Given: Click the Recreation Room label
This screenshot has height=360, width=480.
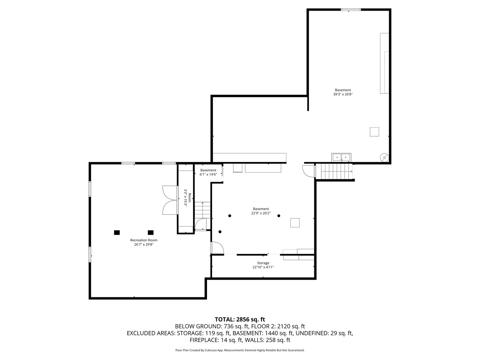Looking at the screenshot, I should pyautogui.click(x=144, y=240).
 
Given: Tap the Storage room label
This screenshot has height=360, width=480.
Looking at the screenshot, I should pyautogui.click(x=263, y=263).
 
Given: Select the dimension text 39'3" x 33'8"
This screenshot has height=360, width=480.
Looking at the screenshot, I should pyautogui.click(x=343, y=94).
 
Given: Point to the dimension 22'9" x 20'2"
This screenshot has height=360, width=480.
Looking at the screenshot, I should pyautogui.click(x=261, y=213).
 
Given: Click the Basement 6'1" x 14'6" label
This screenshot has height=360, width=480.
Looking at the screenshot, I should pyautogui.click(x=208, y=172).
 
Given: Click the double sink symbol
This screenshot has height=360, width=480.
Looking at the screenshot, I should pyautogui.click(x=341, y=157).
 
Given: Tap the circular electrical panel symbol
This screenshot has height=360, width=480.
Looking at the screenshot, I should pyautogui.click(x=384, y=157).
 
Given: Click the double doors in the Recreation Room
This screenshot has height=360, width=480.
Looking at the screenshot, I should pyautogui.click(x=170, y=200).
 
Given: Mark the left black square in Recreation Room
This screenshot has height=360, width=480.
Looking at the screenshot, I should pyautogui.click(x=117, y=232).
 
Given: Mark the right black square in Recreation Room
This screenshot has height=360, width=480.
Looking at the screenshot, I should pyautogui.click(x=151, y=232).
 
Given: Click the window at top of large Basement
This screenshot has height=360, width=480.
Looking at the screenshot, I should pyautogui.click(x=351, y=10).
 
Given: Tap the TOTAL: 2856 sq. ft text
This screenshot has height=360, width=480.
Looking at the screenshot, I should pyautogui.click(x=240, y=319).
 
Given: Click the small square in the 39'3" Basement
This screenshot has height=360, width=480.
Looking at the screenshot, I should pyautogui.click(x=374, y=132).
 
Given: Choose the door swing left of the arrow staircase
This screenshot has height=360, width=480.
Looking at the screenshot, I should pyautogui.click(x=308, y=171).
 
